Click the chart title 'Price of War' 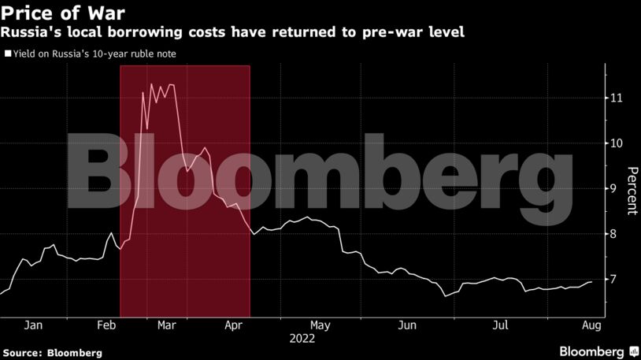pyautogui.click(x=59, y=13)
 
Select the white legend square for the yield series pyautogui.click(x=8, y=54)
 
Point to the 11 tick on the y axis pyautogui.click(x=617, y=98)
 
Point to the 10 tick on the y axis pyautogui.click(x=617, y=143)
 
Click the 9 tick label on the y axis pyautogui.click(x=617, y=189)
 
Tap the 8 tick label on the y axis pyautogui.click(x=617, y=234)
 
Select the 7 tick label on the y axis pyautogui.click(x=617, y=280)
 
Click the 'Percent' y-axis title pyautogui.click(x=632, y=191)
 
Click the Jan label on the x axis pyautogui.click(x=34, y=325)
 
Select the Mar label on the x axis pyautogui.click(x=167, y=325)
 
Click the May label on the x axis pyautogui.click(x=320, y=325)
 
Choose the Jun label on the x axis pyautogui.click(x=406, y=325)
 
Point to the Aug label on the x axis pyautogui.click(x=592, y=325)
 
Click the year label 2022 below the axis pyautogui.click(x=302, y=339)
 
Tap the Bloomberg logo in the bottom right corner pyautogui.click(x=597, y=351)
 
